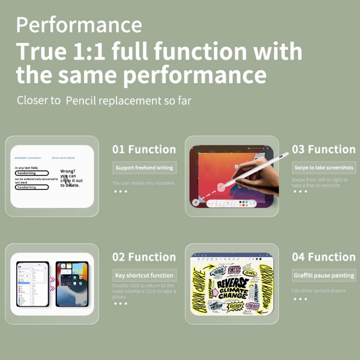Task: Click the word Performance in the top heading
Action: (x=79, y=24)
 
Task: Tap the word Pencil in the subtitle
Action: (x=82, y=100)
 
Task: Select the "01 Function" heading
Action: (x=144, y=149)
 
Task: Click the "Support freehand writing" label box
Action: (x=144, y=168)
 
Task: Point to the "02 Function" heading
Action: (x=144, y=257)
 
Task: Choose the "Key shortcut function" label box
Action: (x=144, y=275)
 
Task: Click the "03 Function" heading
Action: (x=324, y=149)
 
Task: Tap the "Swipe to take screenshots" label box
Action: (x=324, y=168)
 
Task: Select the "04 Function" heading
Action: (x=324, y=257)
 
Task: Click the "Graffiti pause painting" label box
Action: (x=324, y=275)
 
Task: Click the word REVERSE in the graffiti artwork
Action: (x=233, y=283)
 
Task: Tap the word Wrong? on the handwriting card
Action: (x=68, y=171)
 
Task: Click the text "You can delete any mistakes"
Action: (x=144, y=183)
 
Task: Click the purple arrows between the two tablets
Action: (x=52, y=283)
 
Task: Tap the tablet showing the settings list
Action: (x=32, y=283)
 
